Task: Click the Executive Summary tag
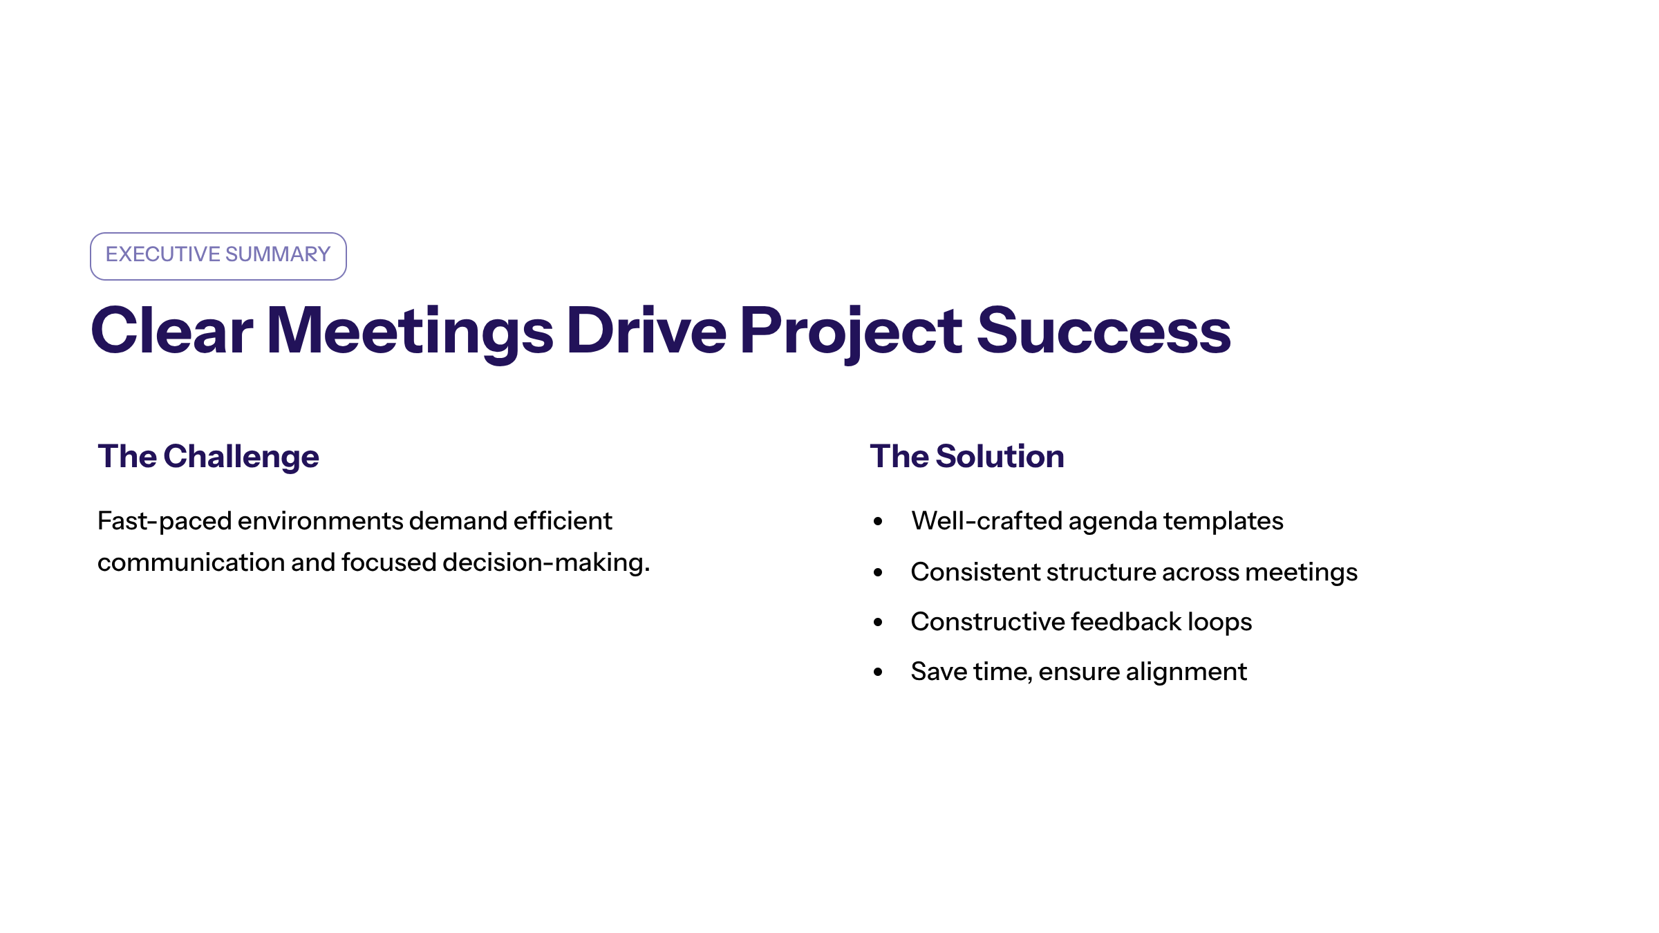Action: [218, 256]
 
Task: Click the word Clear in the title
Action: [172, 331]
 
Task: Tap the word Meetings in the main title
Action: [410, 334]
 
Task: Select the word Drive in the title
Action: [646, 331]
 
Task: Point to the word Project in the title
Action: [851, 334]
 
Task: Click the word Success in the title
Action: [1103, 331]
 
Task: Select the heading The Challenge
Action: [208, 457]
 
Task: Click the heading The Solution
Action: [967, 456]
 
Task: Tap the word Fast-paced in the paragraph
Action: [165, 522]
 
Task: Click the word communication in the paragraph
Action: [191, 563]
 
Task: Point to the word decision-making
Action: [546, 563]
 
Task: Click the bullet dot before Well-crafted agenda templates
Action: [878, 522]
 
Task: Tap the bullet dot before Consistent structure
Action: [878, 572]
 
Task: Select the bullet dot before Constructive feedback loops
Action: [878, 622]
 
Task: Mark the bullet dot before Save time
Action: [878, 672]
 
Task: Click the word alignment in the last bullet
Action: [1186, 672]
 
